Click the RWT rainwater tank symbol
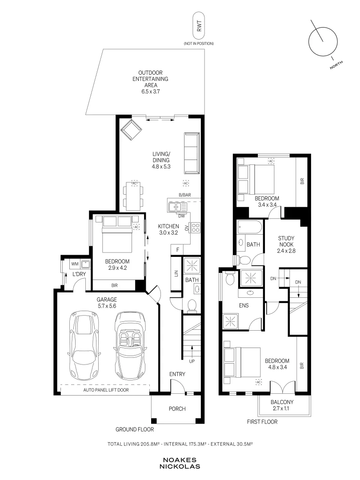click(x=199, y=26)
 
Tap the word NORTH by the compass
click(x=336, y=65)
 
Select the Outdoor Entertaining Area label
click(x=150, y=82)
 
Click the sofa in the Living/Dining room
click(x=192, y=153)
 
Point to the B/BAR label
click(x=185, y=195)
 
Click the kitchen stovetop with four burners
click(x=195, y=228)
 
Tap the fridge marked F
click(x=177, y=250)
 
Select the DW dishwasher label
click(x=181, y=216)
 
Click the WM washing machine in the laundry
click(x=75, y=264)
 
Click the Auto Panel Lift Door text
click(x=106, y=390)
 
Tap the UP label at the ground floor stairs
click(x=192, y=361)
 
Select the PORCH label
click(x=177, y=409)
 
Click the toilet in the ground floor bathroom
click(x=192, y=305)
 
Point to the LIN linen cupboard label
click(x=176, y=273)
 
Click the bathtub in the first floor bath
click(x=249, y=228)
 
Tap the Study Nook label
click(x=286, y=244)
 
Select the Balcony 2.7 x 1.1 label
click(x=282, y=405)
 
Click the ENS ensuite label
click(x=244, y=305)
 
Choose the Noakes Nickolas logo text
click(x=180, y=464)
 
